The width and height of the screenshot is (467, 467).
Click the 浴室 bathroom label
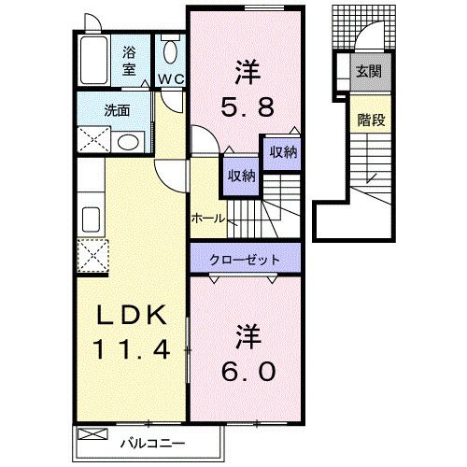[128, 61]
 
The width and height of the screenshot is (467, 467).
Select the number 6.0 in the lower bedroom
[248, 372]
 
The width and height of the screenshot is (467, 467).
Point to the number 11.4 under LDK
[132, 353]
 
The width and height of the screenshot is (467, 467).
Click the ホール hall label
[206, 218]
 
